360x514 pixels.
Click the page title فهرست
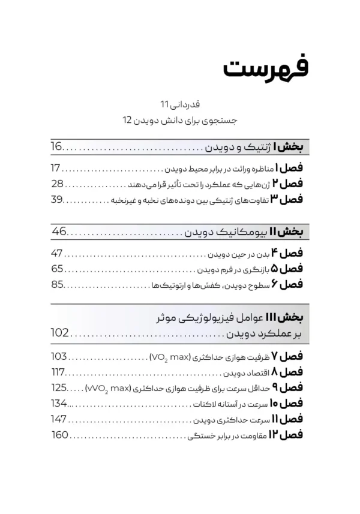(265, 67)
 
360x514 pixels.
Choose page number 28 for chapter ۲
(57, 184)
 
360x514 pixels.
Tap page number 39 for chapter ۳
(57, 199)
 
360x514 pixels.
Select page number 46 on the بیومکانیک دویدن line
(59, 232)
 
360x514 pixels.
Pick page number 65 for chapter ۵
(57, 269)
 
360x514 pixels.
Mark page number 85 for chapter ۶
(57, 284)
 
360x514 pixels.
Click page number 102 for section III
(60, 333)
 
